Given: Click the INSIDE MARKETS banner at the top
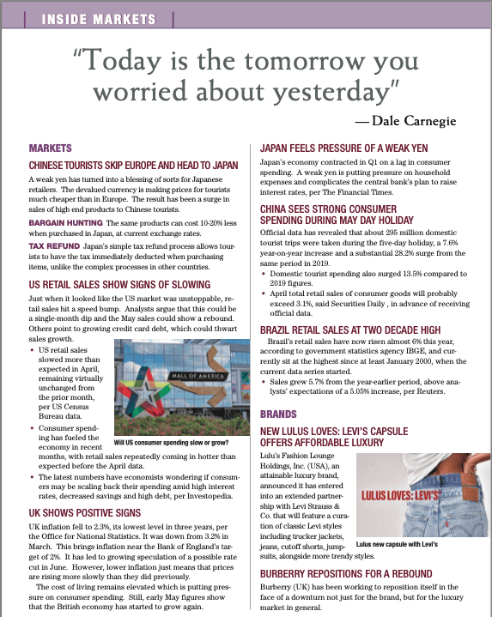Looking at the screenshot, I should [x=93, y=16].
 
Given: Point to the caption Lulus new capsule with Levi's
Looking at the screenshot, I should [x=397, y=544].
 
